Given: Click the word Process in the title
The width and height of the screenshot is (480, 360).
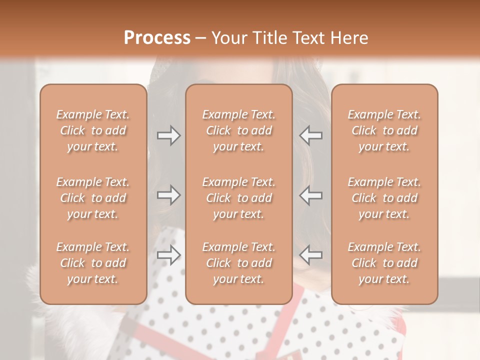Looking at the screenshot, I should click(x=157, y=38).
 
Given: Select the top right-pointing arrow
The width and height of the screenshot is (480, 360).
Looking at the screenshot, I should click(x=168, y=135).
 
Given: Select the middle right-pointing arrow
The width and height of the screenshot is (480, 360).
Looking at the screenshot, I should click(x=168, y=194).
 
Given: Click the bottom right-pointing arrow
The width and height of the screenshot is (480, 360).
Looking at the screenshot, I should click(x=168, y=254).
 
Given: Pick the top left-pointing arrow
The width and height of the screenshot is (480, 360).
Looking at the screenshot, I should click(x=311, y=135).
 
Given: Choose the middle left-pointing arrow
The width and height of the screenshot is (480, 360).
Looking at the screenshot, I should click(x=311, y=194).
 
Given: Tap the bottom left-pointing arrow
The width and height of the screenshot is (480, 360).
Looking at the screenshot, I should click(x=311, y=254).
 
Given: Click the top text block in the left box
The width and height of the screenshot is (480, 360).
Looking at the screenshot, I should click(x=93, y=130).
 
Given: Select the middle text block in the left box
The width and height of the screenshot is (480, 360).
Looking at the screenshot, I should click(x=93, y=198).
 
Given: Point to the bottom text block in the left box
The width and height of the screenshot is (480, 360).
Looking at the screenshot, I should click(x=93, y=263).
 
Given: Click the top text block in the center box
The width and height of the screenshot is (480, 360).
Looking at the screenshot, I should click(x=238, y=130).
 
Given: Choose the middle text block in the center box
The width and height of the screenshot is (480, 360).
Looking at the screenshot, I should click(x=238, y=198).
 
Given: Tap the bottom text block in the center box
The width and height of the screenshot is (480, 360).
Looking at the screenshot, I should click(x=238, y=263).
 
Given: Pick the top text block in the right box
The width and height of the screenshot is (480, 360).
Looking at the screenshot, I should click(x=384, y=130).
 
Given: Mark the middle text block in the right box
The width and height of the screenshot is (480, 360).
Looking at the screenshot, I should click(x=384, y=198).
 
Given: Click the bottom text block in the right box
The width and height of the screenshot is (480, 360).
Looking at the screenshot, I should click(x=384, y=263).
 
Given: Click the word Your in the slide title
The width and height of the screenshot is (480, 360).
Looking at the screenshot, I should click(x=229, y=38).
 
